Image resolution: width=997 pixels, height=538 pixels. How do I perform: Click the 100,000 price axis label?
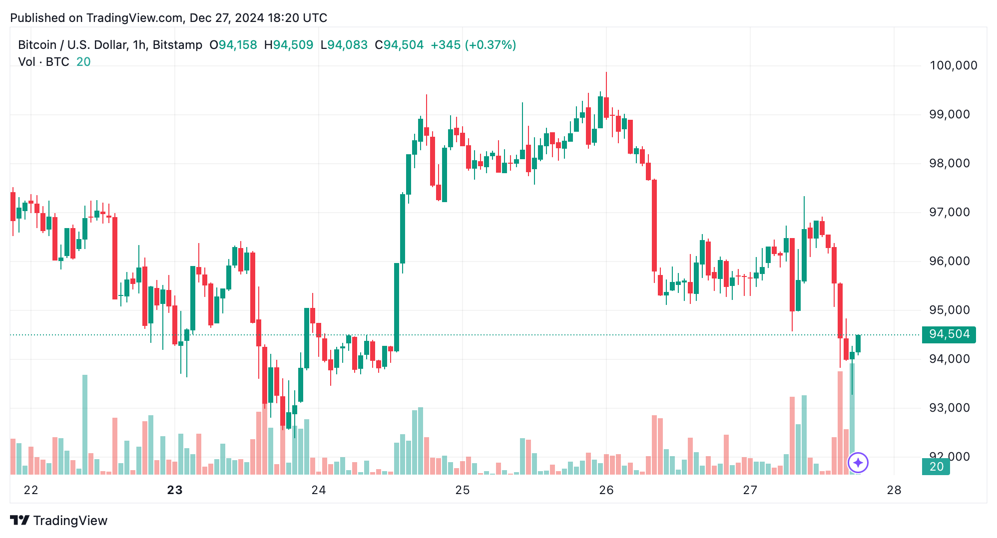[953, 65]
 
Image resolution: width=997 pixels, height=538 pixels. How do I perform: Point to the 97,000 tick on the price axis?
[949, 212]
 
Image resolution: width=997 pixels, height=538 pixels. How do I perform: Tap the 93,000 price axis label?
[949, 408]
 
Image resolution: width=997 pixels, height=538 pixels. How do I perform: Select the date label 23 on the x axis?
[175, 490]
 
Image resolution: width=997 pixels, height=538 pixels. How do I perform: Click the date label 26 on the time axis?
[606, 490]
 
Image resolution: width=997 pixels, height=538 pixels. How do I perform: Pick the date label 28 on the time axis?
[894, 490]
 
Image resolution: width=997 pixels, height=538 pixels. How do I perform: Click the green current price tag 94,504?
[949, 334]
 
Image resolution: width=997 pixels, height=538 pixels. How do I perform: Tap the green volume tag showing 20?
[936, 467]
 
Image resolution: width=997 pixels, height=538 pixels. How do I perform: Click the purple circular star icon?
[858, 463]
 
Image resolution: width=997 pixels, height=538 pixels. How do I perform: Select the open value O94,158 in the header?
[233, 45]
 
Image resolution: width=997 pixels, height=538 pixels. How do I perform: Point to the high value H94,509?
[289, 45]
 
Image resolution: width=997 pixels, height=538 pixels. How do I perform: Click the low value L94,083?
[344, 45]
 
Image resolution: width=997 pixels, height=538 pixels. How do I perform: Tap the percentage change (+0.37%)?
[490, 45]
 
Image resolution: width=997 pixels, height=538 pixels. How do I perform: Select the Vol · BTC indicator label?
[43, 62]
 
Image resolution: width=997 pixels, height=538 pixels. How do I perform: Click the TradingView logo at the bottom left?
[59, 521]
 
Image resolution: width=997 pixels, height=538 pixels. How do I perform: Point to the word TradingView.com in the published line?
[134, 18]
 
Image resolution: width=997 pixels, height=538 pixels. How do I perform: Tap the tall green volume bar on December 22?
[85, 424]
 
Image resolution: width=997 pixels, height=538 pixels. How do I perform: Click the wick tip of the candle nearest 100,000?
[606, 73]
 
